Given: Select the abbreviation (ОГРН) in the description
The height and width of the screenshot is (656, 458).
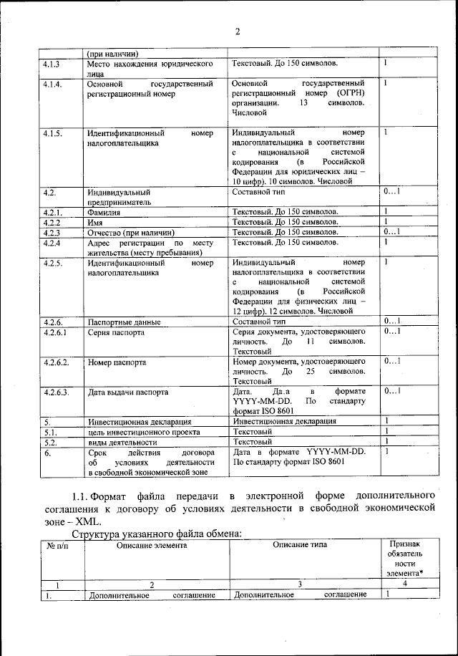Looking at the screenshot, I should (x=350, y=93).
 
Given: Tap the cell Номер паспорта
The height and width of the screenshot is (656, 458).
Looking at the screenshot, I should (x=117, y=362).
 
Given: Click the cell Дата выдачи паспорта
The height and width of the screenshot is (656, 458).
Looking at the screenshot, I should (x=128, y=392).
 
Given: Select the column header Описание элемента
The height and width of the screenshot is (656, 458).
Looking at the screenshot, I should (x=151, y=545).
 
